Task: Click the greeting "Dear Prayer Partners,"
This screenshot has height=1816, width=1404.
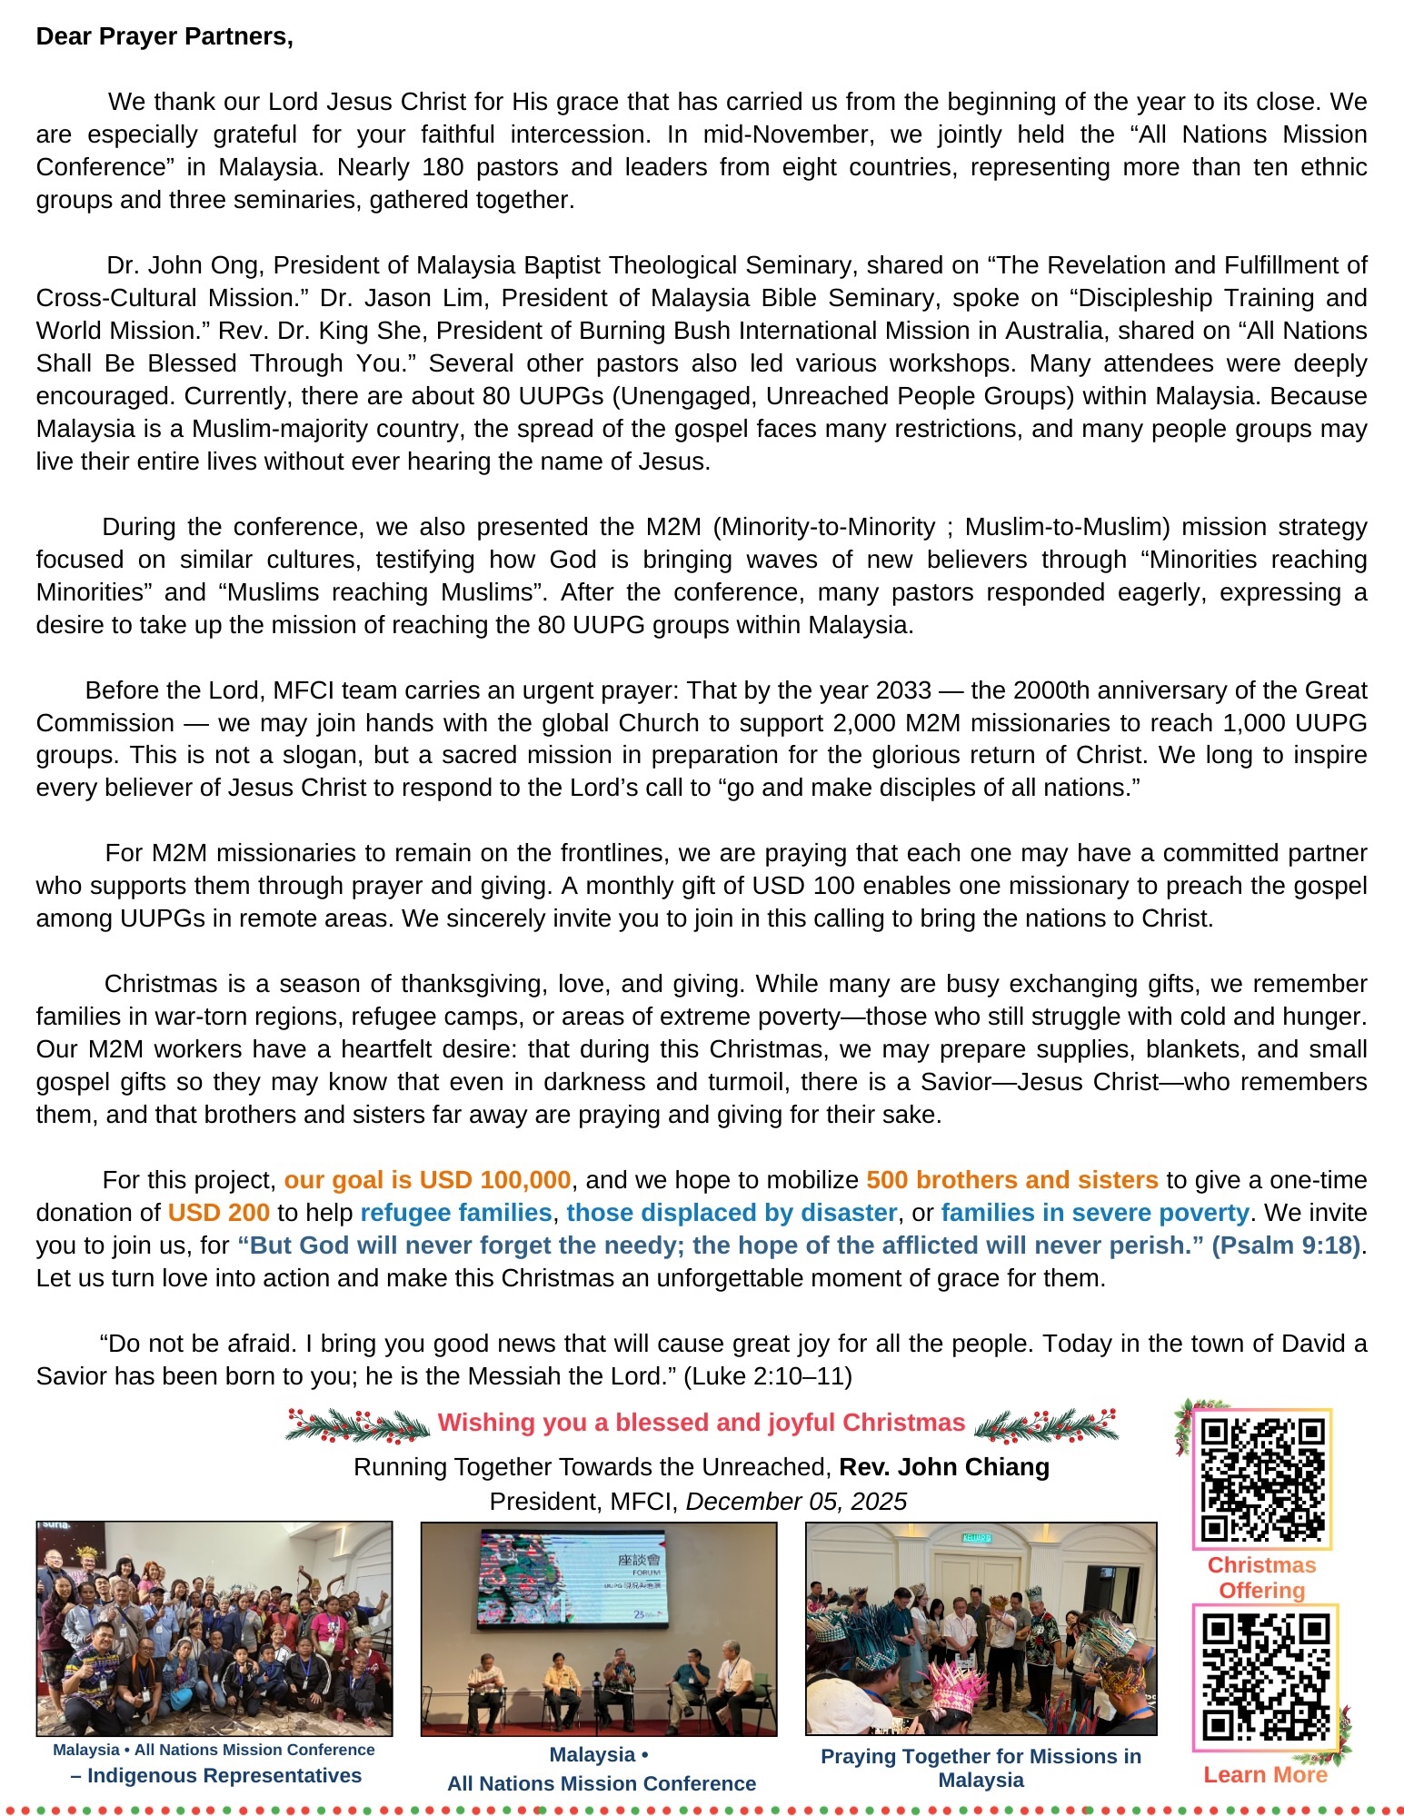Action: pyautogui.click(x=164, y=36)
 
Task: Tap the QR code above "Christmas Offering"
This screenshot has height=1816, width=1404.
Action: pyautogui.click(x=1262, y=1480)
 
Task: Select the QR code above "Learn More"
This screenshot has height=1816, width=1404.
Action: pyautogui.click(x=1265, y=1677)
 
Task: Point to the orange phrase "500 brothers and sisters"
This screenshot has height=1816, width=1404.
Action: pyautogui.click(x=1011, y=1180)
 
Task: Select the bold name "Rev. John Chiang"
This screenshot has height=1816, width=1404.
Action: pyautogui.click(x=944, y=1467)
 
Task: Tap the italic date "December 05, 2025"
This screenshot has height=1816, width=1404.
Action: pyautogui.click(x=796, y=1502)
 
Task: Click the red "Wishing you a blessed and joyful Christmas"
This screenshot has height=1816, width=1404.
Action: pyautogui.click(x=701, y=1423)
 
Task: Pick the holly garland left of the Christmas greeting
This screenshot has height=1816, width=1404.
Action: pyautogui.click(x=357, y=1424)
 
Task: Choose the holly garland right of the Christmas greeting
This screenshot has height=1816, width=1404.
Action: pyautogui.click(x=1046, y=1424)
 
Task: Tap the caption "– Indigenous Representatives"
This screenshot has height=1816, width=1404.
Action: pyautogui.click(x=215, y=1775)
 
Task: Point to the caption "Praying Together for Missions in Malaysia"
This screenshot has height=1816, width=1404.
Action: pyautogui.click(x=981, y=1768)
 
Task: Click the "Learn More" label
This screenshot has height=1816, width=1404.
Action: pyautogui.click(x=1265, y=1775)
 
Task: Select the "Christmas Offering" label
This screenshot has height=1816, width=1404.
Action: pyautogui.click(x=1261, y=1577)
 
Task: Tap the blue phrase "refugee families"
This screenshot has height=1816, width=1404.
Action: pyautogui.click(x=456, y=1213)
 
